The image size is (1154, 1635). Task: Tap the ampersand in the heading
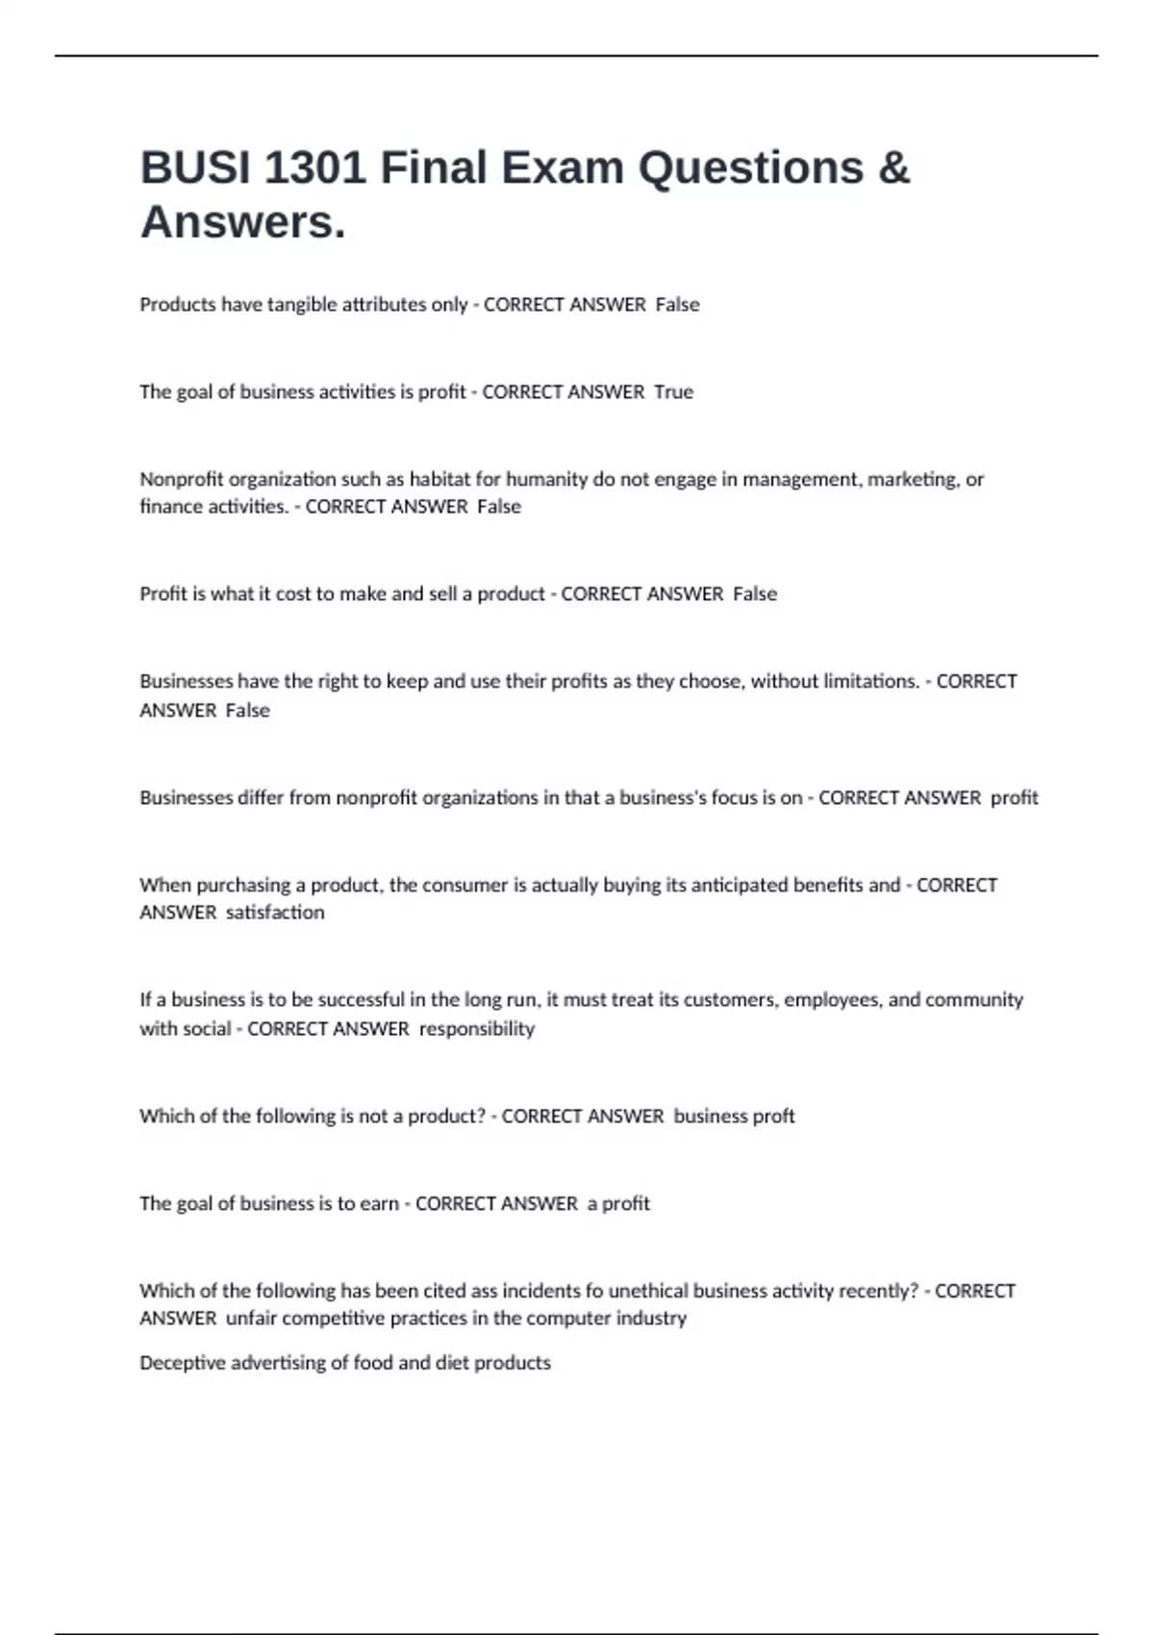tap(893, 167)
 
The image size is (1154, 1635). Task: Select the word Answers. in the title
tap(242, 222)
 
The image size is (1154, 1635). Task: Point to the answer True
tap(673, 392)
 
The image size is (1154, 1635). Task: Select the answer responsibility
tap(477, 1029)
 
